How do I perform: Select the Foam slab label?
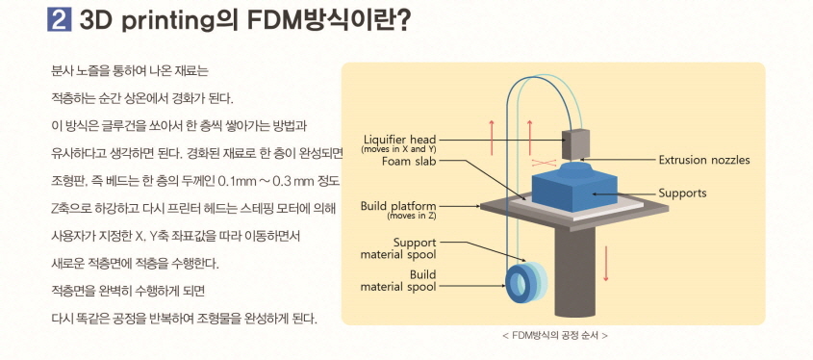click(411, 163)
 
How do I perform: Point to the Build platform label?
click(398, 205)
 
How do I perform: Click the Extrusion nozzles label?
click(704, 160)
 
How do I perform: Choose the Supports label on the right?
click(682, 193)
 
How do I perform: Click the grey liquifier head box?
click(578, 143)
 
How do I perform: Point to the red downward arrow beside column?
click(606, 262)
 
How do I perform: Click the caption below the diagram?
click(554, 335)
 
